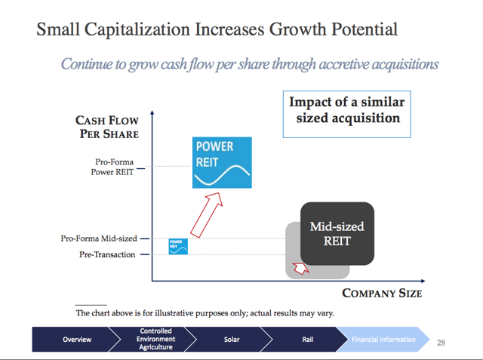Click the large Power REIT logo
(222, 162)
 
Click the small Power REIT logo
(178, 246)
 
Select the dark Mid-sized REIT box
(337, 233)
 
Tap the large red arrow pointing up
(206, 215)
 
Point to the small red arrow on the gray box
(300, 268)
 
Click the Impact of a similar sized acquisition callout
(347, 114)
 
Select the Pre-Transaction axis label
(107, 254)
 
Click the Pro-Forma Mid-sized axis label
(99, 238)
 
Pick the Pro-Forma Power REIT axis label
(112, 167)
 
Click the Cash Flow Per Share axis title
(107, 127)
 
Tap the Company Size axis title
(382, 293)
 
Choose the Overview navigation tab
(77, 340)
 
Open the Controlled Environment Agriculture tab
(155, 339)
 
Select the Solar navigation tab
(232, 340)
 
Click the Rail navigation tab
(307, 340)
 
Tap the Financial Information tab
(383, 340)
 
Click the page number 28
(441, 343)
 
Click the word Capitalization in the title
(137, 29)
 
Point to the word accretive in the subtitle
(343, 64)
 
